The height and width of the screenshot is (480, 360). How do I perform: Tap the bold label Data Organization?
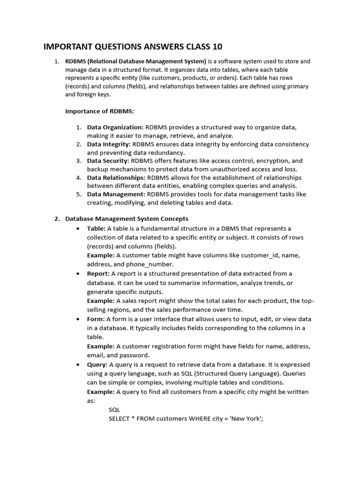(115, 127)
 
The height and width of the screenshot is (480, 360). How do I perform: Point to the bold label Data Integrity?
(109, 144)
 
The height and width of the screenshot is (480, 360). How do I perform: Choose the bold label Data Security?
(108, 161)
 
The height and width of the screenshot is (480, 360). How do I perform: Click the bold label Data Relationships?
(116, 178)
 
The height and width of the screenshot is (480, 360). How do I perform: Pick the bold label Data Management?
(116, 195)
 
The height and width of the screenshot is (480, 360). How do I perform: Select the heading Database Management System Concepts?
(127, 218)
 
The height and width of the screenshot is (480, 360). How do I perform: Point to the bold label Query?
(97, 364)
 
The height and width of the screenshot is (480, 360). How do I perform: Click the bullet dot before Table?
(77, 228)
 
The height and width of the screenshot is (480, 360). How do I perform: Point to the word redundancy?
(166, 152)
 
